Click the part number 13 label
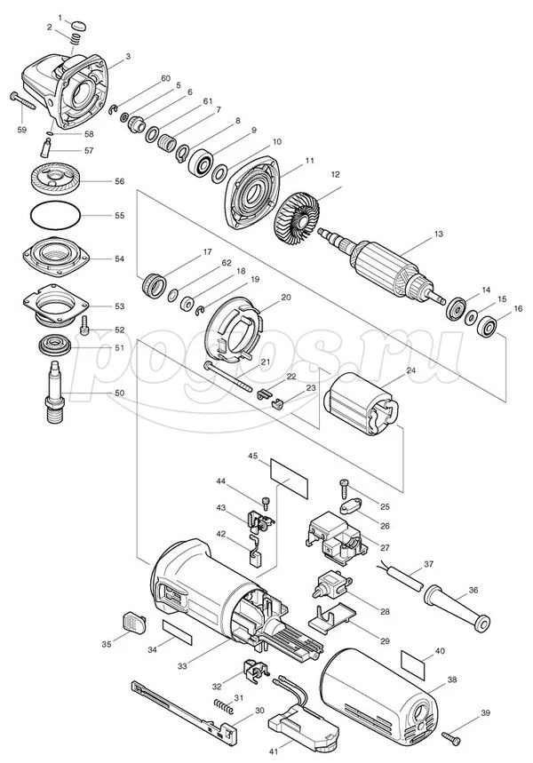(x=439, y=234)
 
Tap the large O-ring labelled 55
(x=54, y=215)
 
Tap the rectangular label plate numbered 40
(x=413, y=664)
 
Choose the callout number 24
(x=411, y=370)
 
